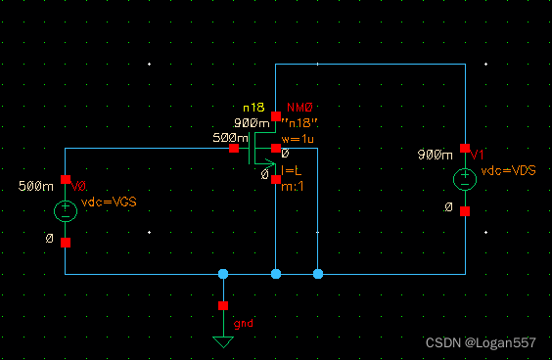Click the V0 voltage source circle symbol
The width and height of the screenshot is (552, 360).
pyautogui.click(x=65, y=210)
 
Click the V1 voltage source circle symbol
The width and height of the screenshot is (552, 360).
pyautogui.click(x=465, y=180)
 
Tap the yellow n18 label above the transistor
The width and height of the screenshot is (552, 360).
pyautogui.click(x=253, y=107)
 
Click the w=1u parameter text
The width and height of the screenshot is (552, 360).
pyautogui.click(x=299, y=139)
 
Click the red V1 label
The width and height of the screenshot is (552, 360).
pyautogui.click(x=477, y=155)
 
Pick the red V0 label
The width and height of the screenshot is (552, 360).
pyautogui.click(x=80, y=186)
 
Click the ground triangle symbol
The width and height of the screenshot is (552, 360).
pyautogui.click(x=223, y=341)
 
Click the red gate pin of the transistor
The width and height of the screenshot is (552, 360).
pyautogui.click(x=233, y=149)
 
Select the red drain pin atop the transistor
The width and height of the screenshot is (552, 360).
pyautogui.click(x=276, y=116)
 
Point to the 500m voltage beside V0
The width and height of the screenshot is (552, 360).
pyautogui.click(x=34, y=186)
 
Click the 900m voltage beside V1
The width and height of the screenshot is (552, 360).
pyautogui.click(x=434, y=155)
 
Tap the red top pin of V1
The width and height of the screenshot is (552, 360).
pyautogui.click(x=465, y=149)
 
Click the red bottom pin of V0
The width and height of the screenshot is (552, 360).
pyautogui.click(x=65, y=242)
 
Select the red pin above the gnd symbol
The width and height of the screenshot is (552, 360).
pyautogui.click(x=223, y=305)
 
